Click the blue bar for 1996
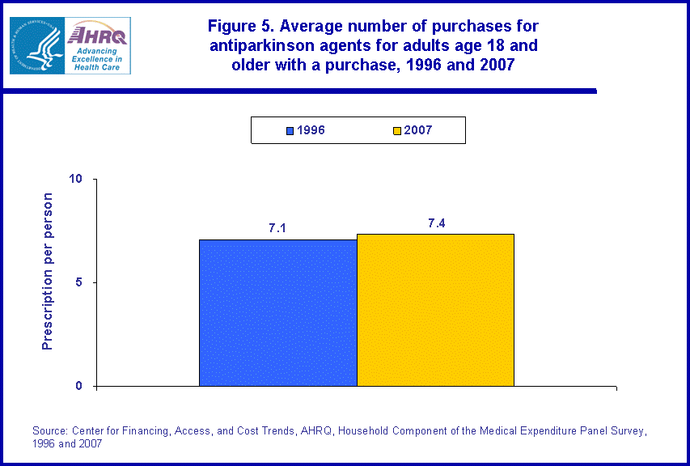pos(277,312)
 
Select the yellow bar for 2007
pos(435,310)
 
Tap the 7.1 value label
pos(277,228)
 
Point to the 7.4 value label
pos(437,222)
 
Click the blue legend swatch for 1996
pos(290,130)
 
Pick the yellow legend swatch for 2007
pos(396,130)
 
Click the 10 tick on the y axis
pos(79,179)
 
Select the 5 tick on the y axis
pos(83,282)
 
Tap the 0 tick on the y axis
pos(83,386)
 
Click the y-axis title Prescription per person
pos(48,271)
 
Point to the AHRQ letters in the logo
pos(98,34)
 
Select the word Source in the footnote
pos(50,431)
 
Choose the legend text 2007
pos(418,130)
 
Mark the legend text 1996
pos(311,130)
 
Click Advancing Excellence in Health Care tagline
pos(95,58)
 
